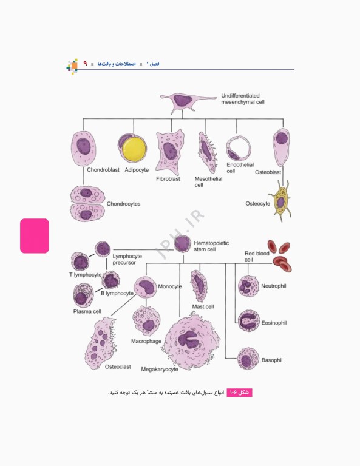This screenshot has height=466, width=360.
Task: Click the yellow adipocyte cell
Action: (x=132, y=149)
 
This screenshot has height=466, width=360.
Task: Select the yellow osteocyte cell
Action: (x=280, y=201)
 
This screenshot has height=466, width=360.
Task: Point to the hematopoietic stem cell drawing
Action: (x=182, y=244)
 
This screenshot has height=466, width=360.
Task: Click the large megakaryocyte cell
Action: (x=192, y=342)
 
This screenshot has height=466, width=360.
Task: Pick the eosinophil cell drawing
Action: (x=248, y=320)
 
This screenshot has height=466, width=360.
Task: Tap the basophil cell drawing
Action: (x=248, y=359)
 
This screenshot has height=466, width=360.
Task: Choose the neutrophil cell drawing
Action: (x=248, y=286)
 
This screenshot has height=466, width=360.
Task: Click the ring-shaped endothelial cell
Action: (x=239, y=148)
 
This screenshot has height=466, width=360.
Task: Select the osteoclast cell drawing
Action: (x=100, y=343)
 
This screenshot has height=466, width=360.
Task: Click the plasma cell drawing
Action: (x=83, y=295)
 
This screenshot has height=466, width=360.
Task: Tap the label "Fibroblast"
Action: (x=168, y=178)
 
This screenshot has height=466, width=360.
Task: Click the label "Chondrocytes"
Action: (x=123, y=204)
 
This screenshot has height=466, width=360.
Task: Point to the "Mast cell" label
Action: (x=203, y=306)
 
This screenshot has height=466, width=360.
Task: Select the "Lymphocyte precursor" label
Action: (x=127, y=259)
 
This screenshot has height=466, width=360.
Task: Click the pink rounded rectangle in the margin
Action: (x=35, y=236)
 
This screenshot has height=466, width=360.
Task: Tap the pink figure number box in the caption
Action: (x=239, y=393)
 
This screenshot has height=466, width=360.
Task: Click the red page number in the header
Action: (x=85, y=63)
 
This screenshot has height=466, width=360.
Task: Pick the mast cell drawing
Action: (x=199, y=286)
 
